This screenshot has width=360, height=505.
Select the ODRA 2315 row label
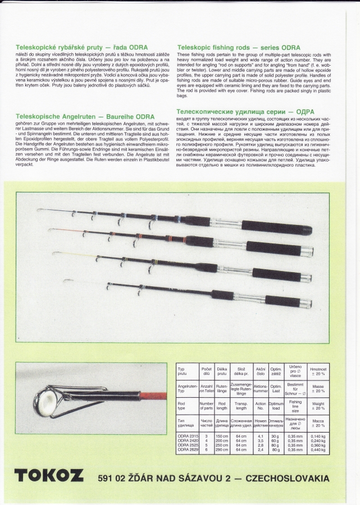click(187, 436)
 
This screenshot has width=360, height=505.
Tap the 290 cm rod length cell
click(222, 450)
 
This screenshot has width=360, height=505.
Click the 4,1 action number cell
click(260, 436)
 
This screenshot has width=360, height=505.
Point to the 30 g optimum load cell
click(275, 436)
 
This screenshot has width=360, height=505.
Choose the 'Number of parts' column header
click(206, 407)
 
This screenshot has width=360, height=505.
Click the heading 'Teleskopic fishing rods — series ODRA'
click(239, 48)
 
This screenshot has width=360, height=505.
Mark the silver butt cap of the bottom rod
click(307, 302)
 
